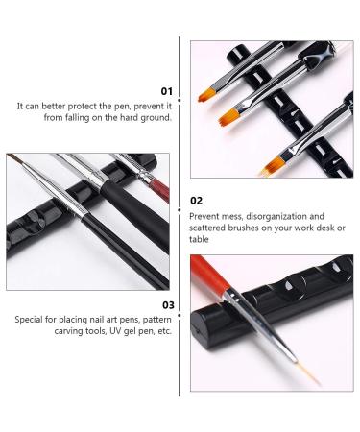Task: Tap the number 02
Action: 197,201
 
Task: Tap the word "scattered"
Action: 212,228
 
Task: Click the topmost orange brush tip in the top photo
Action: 207,95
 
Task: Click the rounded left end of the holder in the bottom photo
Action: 198,322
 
